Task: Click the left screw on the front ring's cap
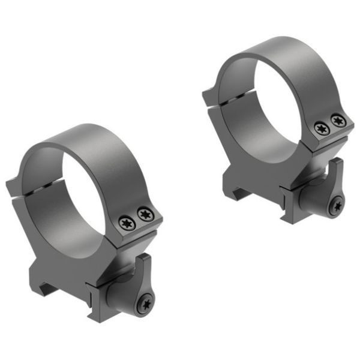127,223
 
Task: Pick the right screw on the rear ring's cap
338,121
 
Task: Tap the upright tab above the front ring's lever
144,264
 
